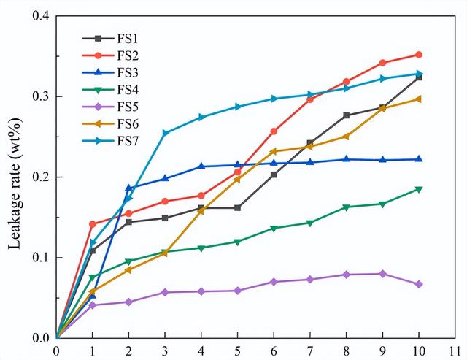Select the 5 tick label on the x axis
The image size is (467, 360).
238,351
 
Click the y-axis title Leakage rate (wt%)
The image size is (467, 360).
14,177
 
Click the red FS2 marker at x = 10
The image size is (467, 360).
419,55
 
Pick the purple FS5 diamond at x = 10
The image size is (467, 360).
419,284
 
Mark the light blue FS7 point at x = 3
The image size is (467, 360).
166,134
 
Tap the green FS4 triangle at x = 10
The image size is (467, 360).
419,189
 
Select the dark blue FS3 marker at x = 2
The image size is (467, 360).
129,188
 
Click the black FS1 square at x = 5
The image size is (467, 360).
238,207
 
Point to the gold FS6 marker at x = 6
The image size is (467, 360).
274,152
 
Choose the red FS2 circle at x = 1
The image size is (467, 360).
93,224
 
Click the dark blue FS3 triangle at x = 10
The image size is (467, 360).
419,159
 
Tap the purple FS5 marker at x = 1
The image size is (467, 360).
93,305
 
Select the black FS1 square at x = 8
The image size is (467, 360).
347,115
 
